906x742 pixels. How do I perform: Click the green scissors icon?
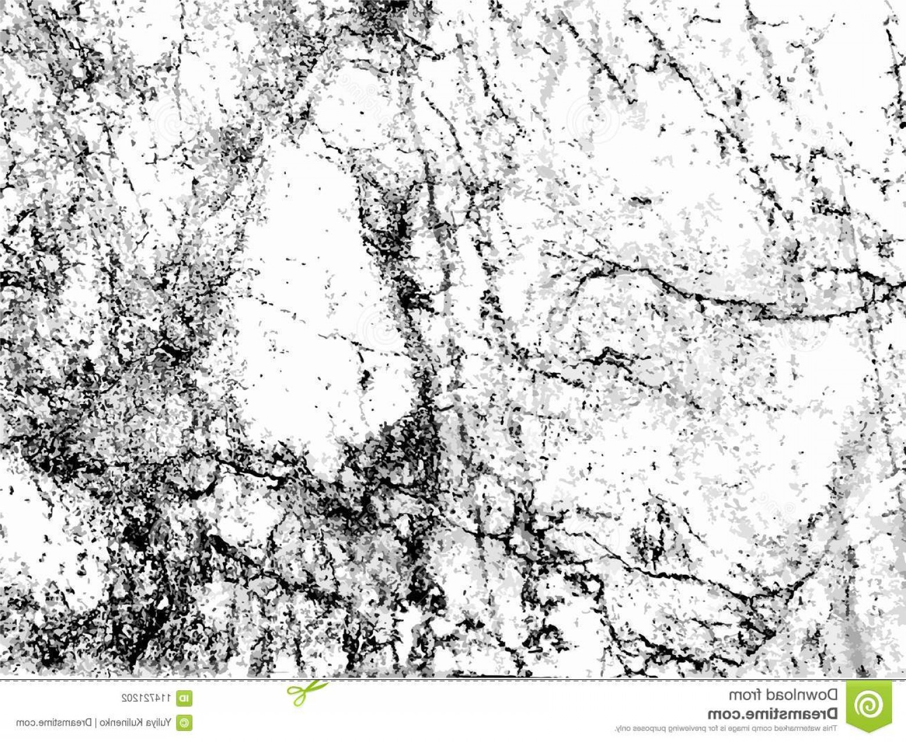307,691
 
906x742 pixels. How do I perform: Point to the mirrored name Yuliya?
161,723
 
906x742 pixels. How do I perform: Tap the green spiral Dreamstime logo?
869,704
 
